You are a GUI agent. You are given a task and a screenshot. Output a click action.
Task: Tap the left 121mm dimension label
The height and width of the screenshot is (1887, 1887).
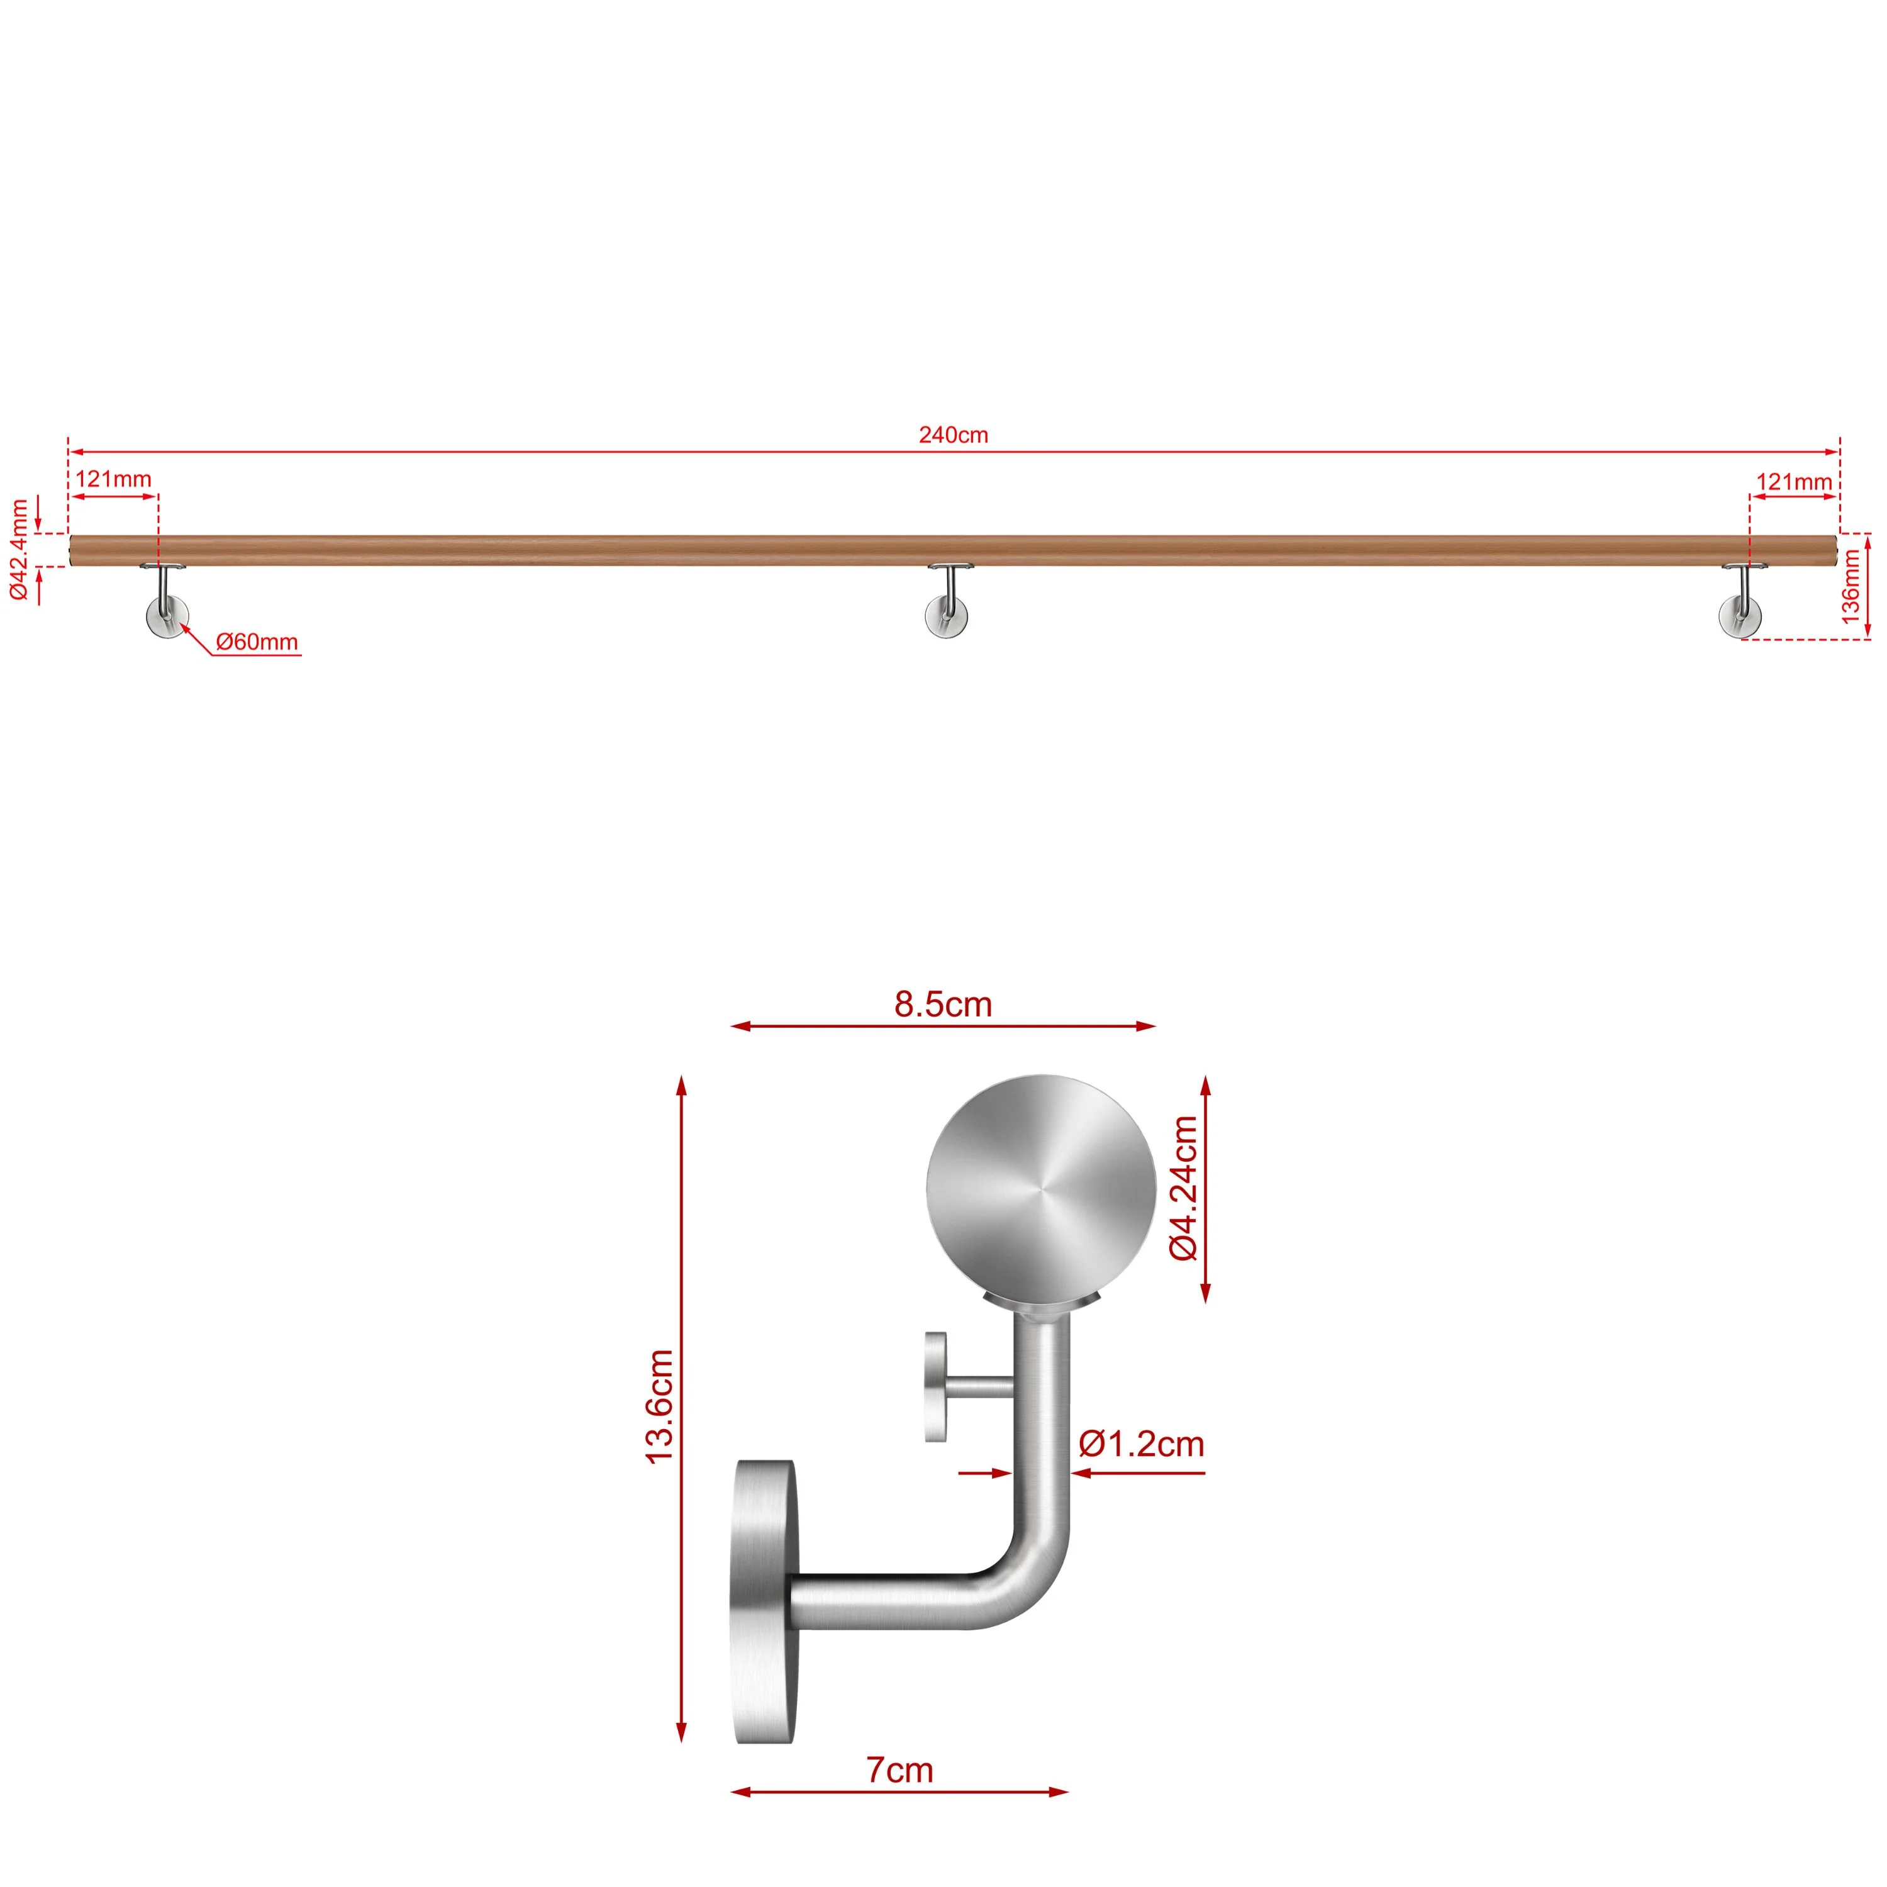click(x=113, y=479)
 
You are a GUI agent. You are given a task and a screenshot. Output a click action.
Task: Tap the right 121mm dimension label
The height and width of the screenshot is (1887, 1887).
click(x=1794, y=482)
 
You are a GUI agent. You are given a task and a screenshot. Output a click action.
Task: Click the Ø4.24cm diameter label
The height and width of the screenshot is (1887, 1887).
click(x=1184, y=1189)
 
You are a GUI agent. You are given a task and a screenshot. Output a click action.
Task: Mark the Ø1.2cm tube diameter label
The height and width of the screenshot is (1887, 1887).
click(x=1141, y=1444)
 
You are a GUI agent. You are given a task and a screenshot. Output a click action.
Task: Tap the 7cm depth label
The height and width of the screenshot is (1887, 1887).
click(x=899, y=1770)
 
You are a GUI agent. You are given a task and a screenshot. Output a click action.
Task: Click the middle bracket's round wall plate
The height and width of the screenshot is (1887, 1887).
click(x=947, y=617)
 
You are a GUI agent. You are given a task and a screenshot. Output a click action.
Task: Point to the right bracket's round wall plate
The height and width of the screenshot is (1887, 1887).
click(x=1740, y=617)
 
